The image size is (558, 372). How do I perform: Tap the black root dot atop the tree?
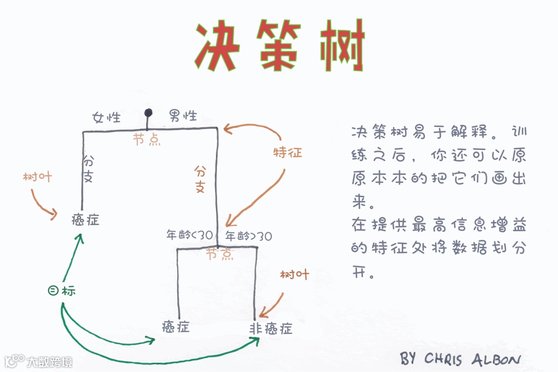point(148,112)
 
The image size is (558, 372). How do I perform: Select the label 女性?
point(106,118)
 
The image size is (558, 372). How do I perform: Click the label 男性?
point(183,116)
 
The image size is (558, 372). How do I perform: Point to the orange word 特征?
point(287,153)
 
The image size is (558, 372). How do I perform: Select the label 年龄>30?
point(249,236)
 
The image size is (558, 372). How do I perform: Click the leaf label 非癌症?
point(271,329)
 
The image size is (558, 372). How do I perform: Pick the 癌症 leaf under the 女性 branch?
point(85,220)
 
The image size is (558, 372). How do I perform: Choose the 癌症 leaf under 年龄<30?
point(176,327)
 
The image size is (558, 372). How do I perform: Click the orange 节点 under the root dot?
point(147,139)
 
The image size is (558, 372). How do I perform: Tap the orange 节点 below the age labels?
point(219,254)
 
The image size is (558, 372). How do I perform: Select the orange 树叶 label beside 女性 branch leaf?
point(38,177)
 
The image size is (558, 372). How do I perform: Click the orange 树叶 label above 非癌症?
point(295,274)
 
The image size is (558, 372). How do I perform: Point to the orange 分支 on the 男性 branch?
point(200,179)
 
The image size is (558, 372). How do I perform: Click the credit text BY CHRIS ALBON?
point(460,358)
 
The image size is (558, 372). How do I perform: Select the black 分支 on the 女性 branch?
point(88,169)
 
